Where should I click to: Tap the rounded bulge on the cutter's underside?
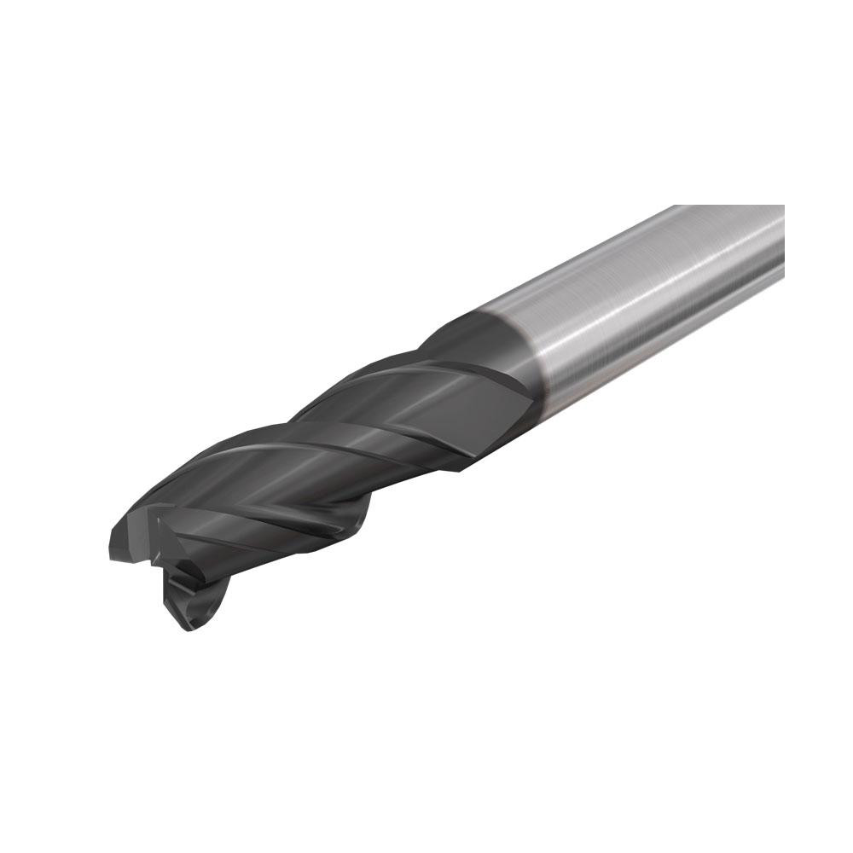pos(358,520)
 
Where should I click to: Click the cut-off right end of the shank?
pos(781,239)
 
